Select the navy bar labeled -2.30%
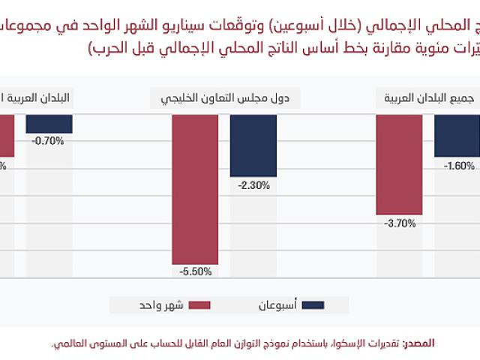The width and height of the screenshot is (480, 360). [x=253, y=145]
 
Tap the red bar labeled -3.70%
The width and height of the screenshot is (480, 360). [x=399, y=165]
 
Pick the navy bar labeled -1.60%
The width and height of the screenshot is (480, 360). [x=457, y=136]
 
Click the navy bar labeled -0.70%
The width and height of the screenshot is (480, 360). [x=49, y=124]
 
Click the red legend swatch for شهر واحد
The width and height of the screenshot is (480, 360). [x=199, y=305]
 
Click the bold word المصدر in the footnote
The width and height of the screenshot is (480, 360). [x=418, y=343]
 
